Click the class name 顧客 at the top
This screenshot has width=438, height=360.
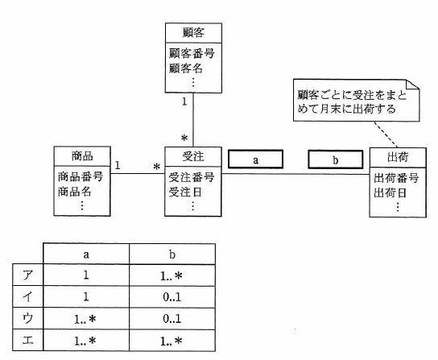193,33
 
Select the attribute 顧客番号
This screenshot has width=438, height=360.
192,53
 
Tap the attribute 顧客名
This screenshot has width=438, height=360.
186,68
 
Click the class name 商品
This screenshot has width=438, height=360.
82,156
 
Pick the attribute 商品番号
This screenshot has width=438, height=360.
81,177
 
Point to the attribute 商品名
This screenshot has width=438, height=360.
75,192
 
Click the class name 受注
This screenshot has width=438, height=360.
193,156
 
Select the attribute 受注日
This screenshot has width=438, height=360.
185,192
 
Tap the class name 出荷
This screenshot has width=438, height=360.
398,157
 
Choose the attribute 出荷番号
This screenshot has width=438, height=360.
396,178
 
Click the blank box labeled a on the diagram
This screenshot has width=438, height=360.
255,159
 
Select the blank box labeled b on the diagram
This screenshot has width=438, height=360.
336,159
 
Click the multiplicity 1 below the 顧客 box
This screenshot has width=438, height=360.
184,101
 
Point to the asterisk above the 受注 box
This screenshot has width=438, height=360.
184,138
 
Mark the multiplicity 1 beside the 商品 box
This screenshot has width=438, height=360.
118,165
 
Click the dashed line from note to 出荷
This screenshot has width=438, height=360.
386,134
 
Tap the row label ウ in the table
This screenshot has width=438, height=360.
28,318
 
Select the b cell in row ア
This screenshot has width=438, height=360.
172,275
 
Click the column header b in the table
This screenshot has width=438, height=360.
172,254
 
